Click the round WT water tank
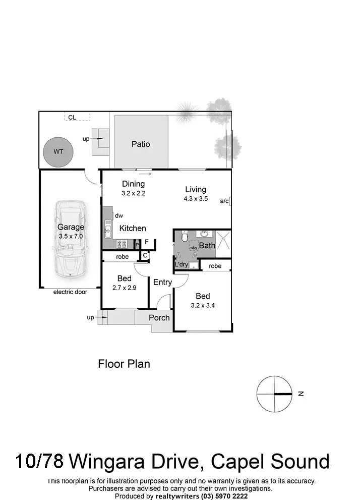coord(58,151)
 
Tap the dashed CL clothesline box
coord(77,117)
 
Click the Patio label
coord(141,144)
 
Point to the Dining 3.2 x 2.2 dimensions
coord(133,193)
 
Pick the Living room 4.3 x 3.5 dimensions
coord(196,199)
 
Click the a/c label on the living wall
coord(224,201)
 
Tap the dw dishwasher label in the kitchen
coord(119,215)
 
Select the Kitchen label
coord(133,228)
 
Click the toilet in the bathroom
coord(185,237)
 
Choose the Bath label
coord(207,245)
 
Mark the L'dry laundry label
coord(181,264)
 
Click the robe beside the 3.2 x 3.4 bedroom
coord(215,266)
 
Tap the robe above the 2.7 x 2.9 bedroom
coord(122,257)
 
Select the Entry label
coord(162,282)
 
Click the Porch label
coord(159,317)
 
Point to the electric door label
coord(70,292)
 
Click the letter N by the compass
coord(301,394)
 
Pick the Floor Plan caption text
coord(124,364)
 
